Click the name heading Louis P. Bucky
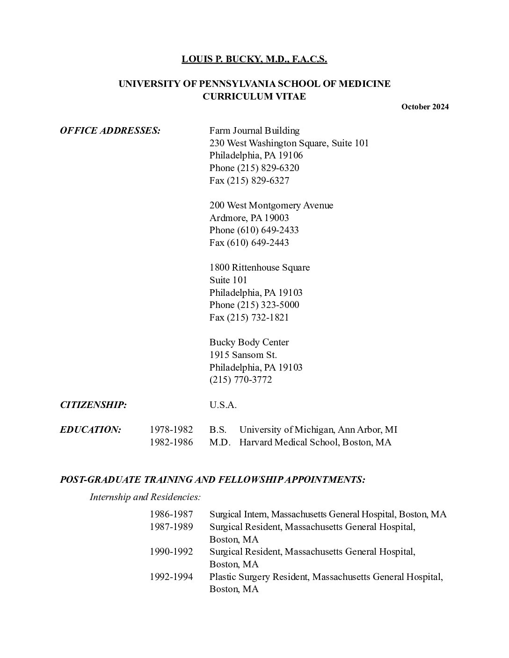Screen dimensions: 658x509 point(254,59)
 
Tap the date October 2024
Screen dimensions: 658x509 point(425,107)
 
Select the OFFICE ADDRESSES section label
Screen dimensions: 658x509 point(110,130)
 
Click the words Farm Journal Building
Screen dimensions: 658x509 point(254,130)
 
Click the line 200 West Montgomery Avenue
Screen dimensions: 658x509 point(271,205)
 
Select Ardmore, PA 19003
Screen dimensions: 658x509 point(249,218)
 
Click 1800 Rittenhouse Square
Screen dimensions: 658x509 point(259,267)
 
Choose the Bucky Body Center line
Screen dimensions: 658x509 point(249,342)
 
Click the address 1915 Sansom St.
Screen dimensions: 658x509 point(243,355)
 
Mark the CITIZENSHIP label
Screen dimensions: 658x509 point(93,405)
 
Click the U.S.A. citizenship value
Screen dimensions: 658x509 point(223,405)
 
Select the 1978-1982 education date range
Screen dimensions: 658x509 point(171,429)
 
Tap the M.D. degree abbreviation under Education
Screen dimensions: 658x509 point(219,442)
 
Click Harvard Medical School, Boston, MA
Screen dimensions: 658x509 point(315,442)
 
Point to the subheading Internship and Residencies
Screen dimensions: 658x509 point(145,497)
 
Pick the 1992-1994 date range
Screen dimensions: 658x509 point(171,577)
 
